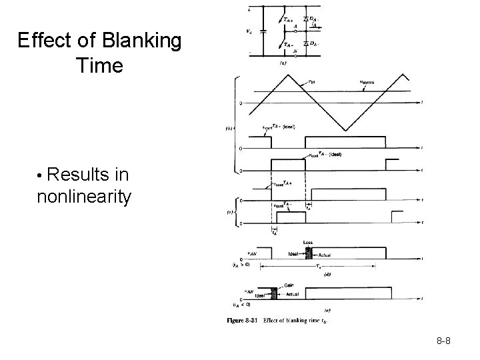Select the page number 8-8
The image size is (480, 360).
pos(444,341)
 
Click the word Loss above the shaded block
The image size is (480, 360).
pos(307,242)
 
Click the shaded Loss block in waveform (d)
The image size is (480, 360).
pos(308,252)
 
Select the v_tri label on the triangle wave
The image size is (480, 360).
pos(312,83)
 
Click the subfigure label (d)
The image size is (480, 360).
pos(327,273)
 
